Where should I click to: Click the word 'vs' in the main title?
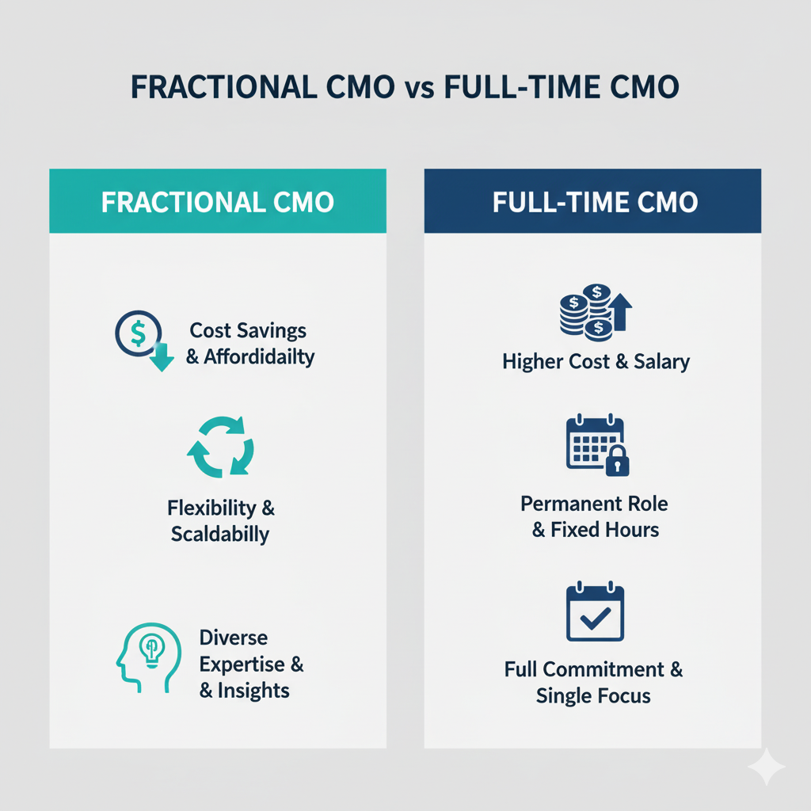[420, 89]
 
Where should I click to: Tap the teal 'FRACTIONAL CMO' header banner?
[218, 200]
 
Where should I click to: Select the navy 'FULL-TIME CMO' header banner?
[592, 200]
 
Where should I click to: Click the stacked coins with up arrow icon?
[596, 312]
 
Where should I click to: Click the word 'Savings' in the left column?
[278, 331]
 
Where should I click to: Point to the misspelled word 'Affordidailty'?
[259, 357]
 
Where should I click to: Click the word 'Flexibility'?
[211, 508]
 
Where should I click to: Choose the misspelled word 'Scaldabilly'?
[220, 535]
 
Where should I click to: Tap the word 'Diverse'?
[234, 638]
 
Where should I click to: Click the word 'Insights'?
[253, 691]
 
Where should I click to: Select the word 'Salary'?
[662, 362]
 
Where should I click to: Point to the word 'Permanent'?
[570, 504]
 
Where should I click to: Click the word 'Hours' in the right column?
[631, 530]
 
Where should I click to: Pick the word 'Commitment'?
[603, 670]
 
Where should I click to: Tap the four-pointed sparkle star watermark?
[766, 766]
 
